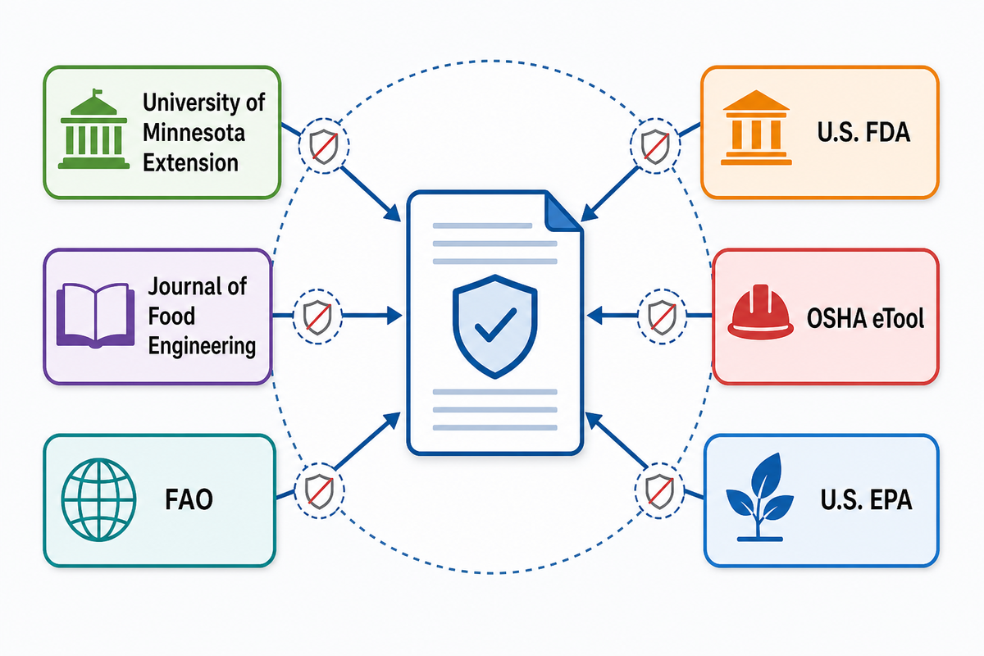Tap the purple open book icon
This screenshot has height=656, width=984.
click(95, 315)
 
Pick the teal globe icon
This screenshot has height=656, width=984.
click(99, 499)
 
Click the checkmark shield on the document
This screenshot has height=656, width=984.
click(495, 326)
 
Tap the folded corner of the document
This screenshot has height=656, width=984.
click(563, 212)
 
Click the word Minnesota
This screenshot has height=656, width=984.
click(194, 132)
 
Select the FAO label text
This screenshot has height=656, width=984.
click(189, 499)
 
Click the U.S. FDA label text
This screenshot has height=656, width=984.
click(863, 132)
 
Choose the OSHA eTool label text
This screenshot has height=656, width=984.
click(865, 317)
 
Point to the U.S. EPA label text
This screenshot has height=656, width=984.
click(866, 499)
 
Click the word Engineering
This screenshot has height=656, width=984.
click(202, 346)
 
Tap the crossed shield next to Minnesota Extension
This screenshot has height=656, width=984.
click(324, 146)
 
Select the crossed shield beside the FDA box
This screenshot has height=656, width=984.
click(655, 146)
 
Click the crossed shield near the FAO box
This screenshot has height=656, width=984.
click(319, 491)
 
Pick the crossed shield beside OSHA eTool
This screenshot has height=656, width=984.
click(662, 317)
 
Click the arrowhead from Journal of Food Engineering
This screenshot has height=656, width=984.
click(394, 316)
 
